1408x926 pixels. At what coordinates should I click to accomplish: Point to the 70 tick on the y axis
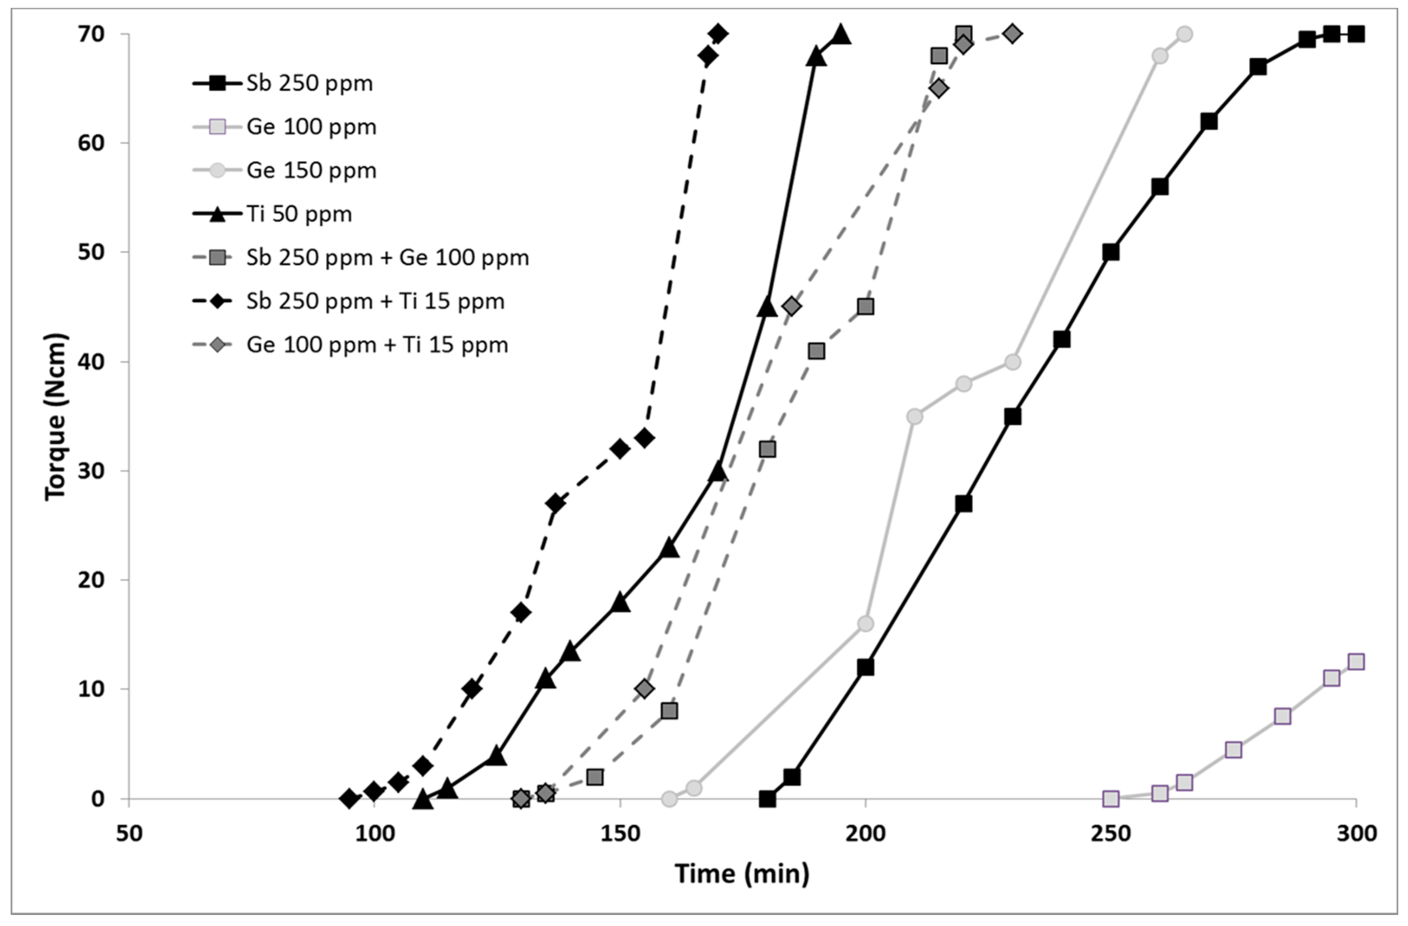91,34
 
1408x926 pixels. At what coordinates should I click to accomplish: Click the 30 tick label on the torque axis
91,471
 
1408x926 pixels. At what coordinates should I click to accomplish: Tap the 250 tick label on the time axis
1110,833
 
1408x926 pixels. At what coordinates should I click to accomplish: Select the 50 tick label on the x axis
129,833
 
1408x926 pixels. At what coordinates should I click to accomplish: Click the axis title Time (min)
742,874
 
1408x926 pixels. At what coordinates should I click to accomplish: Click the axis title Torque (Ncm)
56,417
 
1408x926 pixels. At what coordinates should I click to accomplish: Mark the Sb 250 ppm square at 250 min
1110,252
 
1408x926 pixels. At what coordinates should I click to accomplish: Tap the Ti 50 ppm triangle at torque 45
767,307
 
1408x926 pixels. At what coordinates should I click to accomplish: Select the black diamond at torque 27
555,504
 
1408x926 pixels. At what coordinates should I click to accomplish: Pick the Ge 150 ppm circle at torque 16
865,624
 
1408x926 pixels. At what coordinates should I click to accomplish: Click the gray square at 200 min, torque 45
865,307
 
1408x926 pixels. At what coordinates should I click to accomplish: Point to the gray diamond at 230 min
1012,34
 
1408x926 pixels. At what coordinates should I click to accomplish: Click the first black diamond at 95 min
349,799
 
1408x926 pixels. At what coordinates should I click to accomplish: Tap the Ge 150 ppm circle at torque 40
1012,362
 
